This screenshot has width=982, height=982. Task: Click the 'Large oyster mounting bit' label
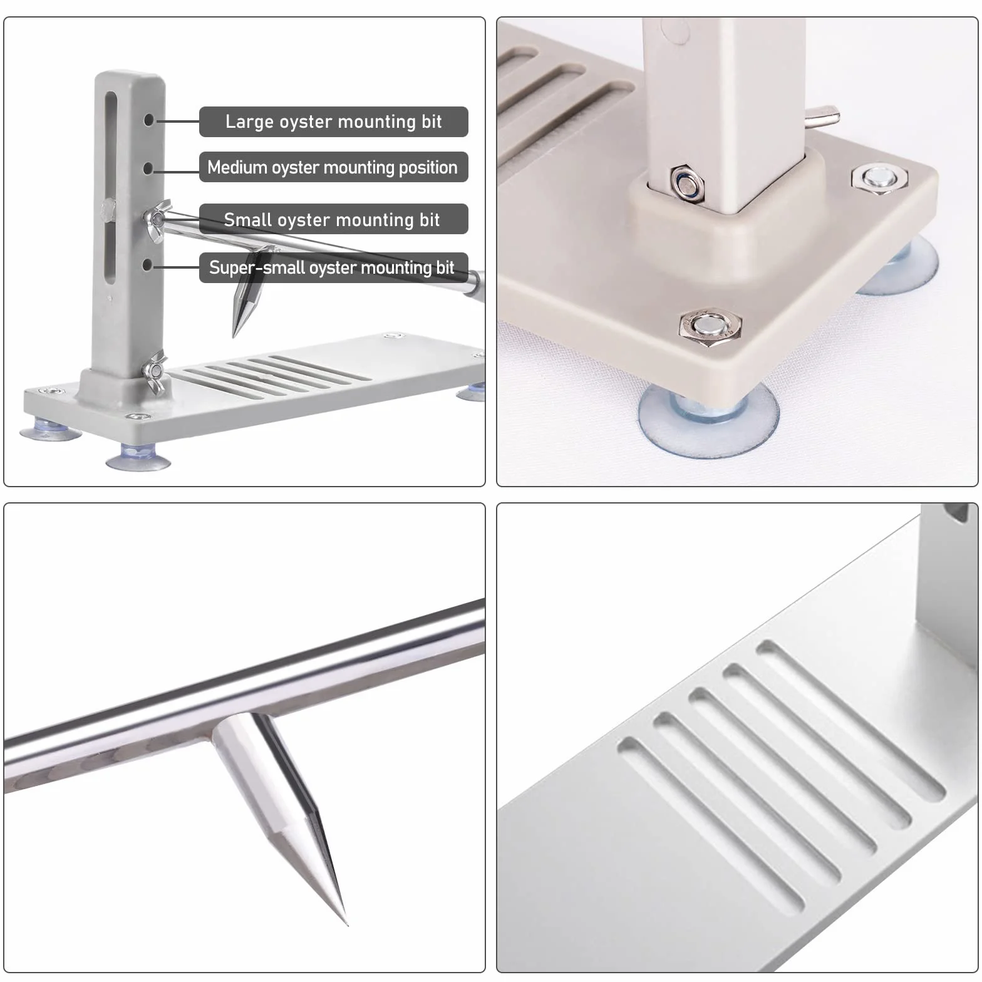tap(333, 121)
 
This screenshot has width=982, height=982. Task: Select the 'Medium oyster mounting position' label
tap(333, 167)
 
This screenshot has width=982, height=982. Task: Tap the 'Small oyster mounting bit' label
tap(333, 219)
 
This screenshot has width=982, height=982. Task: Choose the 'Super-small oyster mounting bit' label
tap(333, 267)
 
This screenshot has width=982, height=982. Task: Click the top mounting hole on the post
tap(148, 119)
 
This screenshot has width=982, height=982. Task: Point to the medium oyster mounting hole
tap(148, 168)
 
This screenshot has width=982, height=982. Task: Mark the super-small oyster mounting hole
tap(147, 266)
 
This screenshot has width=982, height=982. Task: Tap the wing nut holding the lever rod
tap(157, 219)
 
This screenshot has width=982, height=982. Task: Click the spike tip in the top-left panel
tap(234, 336)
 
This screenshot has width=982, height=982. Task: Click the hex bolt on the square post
tap(687, 183)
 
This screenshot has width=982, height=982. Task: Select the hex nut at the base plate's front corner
tap(710, 326)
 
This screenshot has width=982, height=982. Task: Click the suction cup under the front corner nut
tap(708, 416)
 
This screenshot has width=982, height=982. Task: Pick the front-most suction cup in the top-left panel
tap(138, 458)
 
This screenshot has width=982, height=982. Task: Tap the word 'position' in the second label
tap(426, 168)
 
